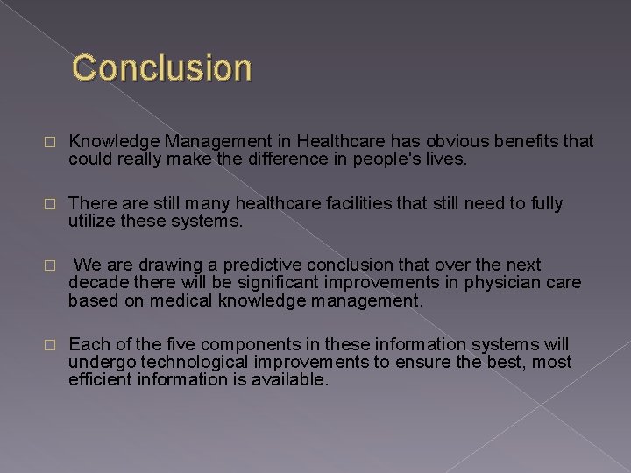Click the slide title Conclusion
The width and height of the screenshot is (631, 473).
162,67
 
